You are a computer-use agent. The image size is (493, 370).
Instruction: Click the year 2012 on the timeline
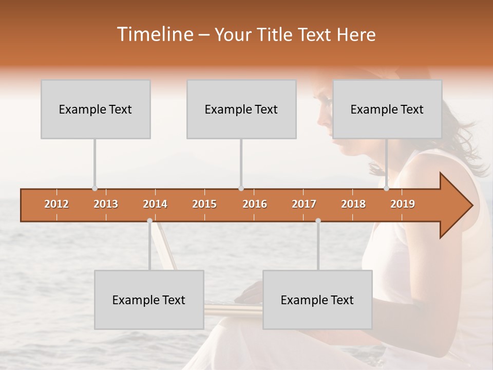[x=56, y=204]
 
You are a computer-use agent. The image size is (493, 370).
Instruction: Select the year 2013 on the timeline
[x=106, y=204]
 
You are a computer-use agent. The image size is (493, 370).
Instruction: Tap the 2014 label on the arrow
[x=155, y=204]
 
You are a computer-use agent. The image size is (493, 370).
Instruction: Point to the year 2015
[x=204, y=204]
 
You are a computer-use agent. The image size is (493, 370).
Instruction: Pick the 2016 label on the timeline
[x=255, y=204]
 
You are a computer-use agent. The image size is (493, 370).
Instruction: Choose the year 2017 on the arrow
[x=304, y=204]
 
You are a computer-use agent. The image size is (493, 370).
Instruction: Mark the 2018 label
[x=353, y=204]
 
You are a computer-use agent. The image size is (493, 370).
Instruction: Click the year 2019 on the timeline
[x=403, y=204]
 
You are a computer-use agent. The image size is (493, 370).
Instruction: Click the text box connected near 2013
[x=96, y=109]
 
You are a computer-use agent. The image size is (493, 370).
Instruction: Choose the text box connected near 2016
[x=241, y=109]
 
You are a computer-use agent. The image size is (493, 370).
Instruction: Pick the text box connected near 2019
[x=387, y=109]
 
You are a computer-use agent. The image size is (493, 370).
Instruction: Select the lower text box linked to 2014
[x=149, y=300]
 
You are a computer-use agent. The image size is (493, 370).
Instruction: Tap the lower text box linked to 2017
[x=317, y=300]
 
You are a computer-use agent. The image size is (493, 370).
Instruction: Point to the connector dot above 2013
[x=94, y=189]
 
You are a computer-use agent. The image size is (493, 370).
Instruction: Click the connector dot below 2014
[x=149, y=220]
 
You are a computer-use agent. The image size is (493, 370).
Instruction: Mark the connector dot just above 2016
[x=241, y=189]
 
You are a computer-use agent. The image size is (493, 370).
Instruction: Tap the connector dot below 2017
[x=318, y=220]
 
